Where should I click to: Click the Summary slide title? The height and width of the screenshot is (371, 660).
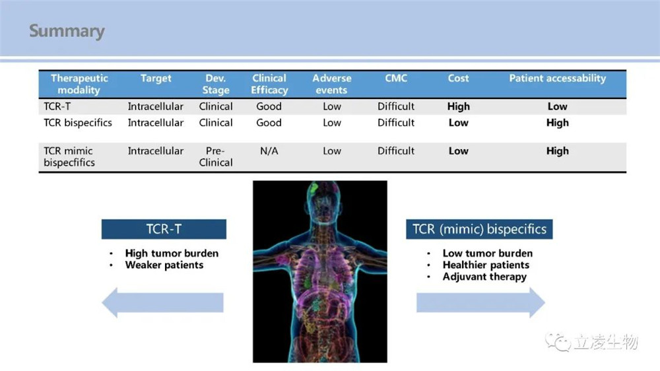click(67, 31)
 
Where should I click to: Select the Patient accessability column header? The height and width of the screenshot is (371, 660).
click(557, 79)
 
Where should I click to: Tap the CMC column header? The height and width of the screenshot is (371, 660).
click(395, 79)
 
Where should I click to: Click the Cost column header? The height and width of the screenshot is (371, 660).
click(458, 79)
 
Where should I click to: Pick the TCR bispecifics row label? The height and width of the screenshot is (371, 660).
click(78, 123)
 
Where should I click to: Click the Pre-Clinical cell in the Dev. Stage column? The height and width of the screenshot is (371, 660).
click(216, 156)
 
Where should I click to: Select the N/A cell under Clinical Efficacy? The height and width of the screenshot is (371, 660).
click(269, 151)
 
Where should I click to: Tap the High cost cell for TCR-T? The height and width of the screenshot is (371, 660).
click(459, 106)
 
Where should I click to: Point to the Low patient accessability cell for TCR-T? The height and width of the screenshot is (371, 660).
click(557, 106)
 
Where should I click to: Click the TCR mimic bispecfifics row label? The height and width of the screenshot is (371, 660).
click(69, 156)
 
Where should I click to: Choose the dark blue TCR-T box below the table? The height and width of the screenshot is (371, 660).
click(164, 229)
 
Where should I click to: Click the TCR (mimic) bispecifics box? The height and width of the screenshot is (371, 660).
click(479, 229)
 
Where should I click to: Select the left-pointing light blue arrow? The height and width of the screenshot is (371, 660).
click(162, 303)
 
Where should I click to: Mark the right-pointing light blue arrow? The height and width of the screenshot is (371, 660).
click(480, 303)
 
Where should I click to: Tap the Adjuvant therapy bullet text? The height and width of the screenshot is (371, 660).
click(484, 277)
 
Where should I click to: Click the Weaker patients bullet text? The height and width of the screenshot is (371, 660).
click(164, 265)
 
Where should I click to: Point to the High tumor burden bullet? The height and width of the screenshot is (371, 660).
click(172, 253)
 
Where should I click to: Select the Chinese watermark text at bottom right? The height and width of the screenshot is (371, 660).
click(606, 341)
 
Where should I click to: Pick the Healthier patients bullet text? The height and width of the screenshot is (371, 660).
click(486, 265)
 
